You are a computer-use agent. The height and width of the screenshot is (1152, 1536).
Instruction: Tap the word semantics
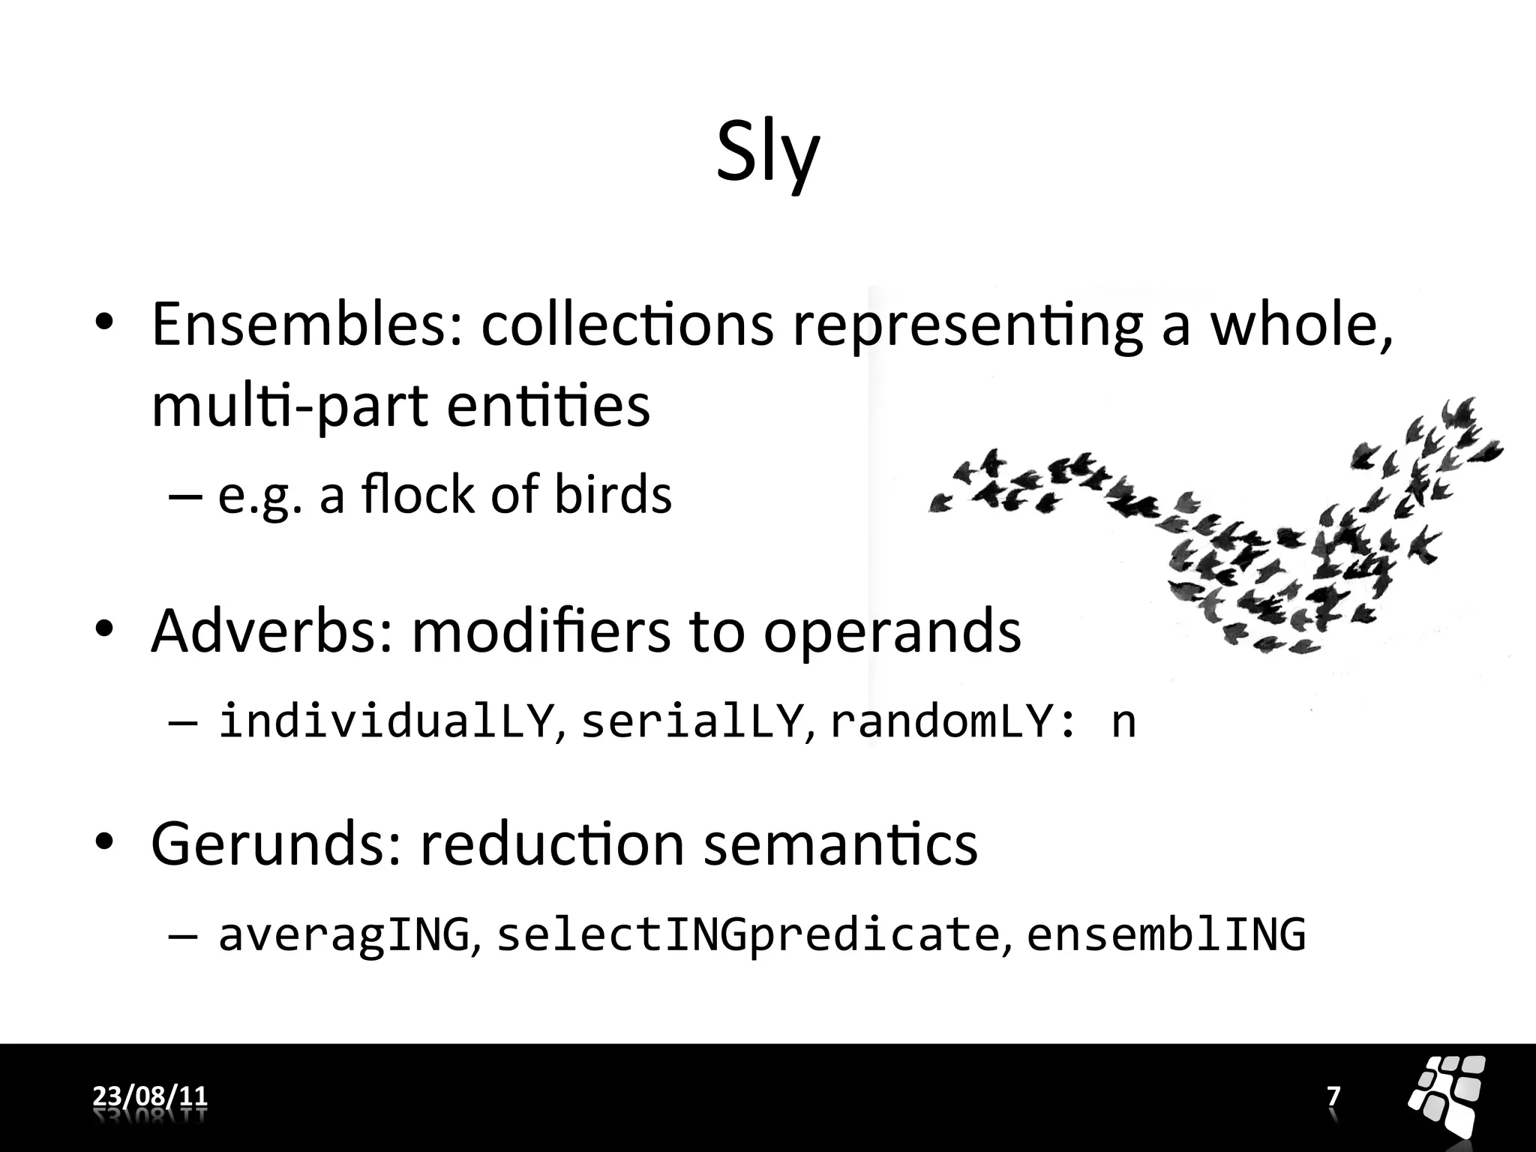point(841,844)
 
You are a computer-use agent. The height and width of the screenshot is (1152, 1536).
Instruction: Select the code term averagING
point(343,934)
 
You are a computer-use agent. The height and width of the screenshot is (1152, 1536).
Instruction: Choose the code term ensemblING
point(1165,934)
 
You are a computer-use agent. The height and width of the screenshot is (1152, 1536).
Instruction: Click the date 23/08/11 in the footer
point(150,1096)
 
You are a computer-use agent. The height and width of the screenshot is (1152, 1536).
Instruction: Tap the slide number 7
point(1333,1096)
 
